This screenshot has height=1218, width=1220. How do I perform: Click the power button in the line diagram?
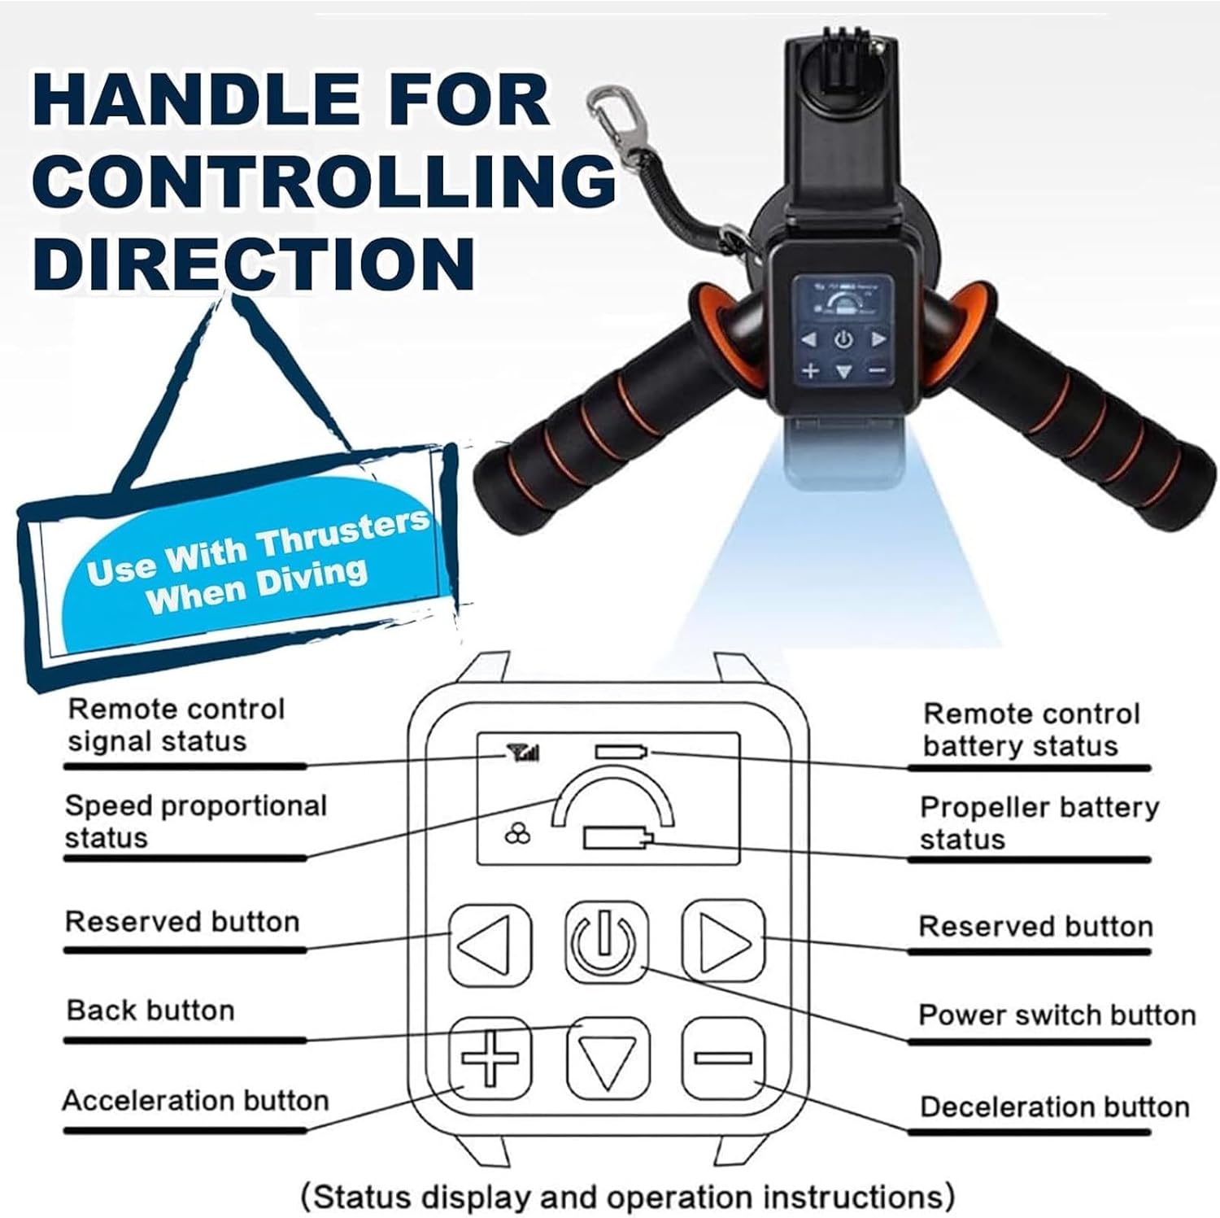click(606, 941)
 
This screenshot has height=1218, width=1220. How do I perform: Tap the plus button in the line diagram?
click(490, 1058)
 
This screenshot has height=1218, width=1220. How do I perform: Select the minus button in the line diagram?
click(722, 1058)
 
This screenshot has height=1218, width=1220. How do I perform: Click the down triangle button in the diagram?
click(607, 1058)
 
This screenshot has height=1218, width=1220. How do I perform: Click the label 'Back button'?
click(151, 1011)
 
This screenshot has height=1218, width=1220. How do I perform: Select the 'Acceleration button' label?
click(196, 1101)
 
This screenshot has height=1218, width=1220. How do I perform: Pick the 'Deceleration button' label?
click(1054, 1107)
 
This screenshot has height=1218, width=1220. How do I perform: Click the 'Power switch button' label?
click(1057, 1015)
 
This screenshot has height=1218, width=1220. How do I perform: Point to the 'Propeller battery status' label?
click(1039, 823)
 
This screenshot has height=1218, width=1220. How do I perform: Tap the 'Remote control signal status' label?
click(176, 725)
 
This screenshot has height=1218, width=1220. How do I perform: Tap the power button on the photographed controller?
click(843, 340)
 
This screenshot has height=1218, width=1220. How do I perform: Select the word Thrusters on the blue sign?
click(342, 533)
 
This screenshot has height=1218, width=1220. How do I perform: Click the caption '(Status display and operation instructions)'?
click(627, 1197)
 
